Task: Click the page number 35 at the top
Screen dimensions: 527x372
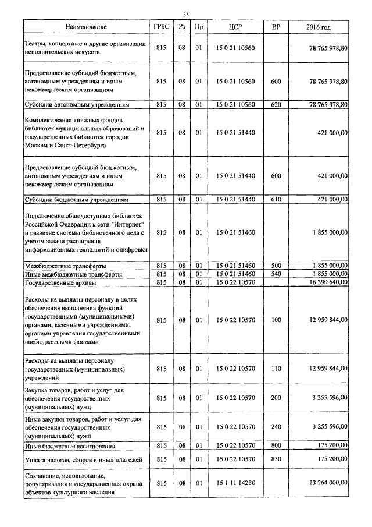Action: point(186,14)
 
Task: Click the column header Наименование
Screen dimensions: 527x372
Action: point(86,27)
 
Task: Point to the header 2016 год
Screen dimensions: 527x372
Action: point(318,27)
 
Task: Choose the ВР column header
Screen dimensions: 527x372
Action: point(276,27)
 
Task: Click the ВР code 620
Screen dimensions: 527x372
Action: point(276,105)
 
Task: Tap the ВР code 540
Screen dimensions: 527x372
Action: point(276,274)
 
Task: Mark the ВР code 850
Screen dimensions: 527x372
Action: point(276,459)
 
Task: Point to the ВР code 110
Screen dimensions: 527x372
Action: point(276,369)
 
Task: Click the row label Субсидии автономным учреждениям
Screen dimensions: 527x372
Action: point(76,105)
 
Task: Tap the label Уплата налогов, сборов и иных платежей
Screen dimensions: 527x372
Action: point(83,460)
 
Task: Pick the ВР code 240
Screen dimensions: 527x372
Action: point(276,426)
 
